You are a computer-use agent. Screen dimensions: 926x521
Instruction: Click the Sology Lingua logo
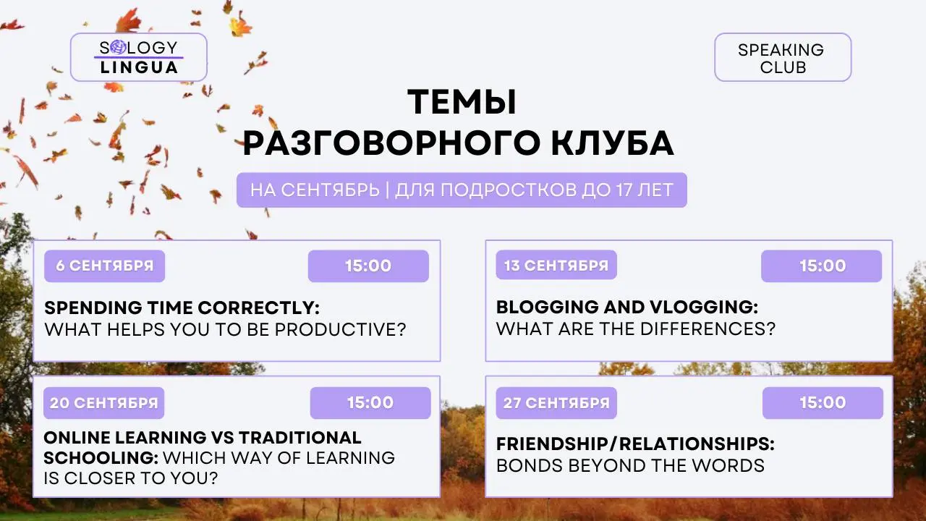pyautogui.click(x=139, y=57)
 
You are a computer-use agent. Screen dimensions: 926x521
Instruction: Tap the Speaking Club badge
pyautogui.click(x=783, y=57)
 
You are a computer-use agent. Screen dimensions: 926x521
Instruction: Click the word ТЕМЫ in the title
pyautogui.click(x=462, y=102)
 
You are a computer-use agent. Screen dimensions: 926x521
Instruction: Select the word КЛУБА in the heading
pyautogui.click(x=613, y=143)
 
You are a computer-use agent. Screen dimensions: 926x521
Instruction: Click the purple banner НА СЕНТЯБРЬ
pyautogui.click(x=462, y=190)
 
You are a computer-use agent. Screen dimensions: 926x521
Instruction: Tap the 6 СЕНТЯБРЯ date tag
pyautogui.click(x=105, y=266)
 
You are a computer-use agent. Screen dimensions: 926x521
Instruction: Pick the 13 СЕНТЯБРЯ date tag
pyautogui.click(x=556, y=265)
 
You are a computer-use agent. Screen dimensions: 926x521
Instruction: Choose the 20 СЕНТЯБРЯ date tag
pyautogui.click(x=103, y=403)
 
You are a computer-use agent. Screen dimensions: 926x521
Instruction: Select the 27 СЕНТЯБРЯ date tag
pyautogui.click(x=556, y=403)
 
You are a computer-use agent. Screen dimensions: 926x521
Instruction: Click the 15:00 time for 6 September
pyautogui.click(x=368, y=266)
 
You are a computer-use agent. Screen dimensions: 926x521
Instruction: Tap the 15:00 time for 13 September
pyautogui.click(x=821, y=266)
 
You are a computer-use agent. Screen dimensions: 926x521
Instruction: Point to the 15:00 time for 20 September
pyautogui.click(x=370, y=403)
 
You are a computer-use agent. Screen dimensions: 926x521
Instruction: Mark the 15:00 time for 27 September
pyautogui.click(x=823, y=403)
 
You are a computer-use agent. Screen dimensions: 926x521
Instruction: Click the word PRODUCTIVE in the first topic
pyautogui.click(x=340, y=329)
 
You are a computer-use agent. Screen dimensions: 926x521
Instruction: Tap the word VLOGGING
pyautogui.click(x=704, y=308)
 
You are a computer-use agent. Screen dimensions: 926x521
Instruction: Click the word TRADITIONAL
pyautogui.click(x=300, y=438)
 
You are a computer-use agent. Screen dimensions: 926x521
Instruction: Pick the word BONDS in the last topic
pyautogui.click(x=530, y=465)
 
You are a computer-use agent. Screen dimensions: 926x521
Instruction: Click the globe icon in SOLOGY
pyautogui.click(x=118, y=48)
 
